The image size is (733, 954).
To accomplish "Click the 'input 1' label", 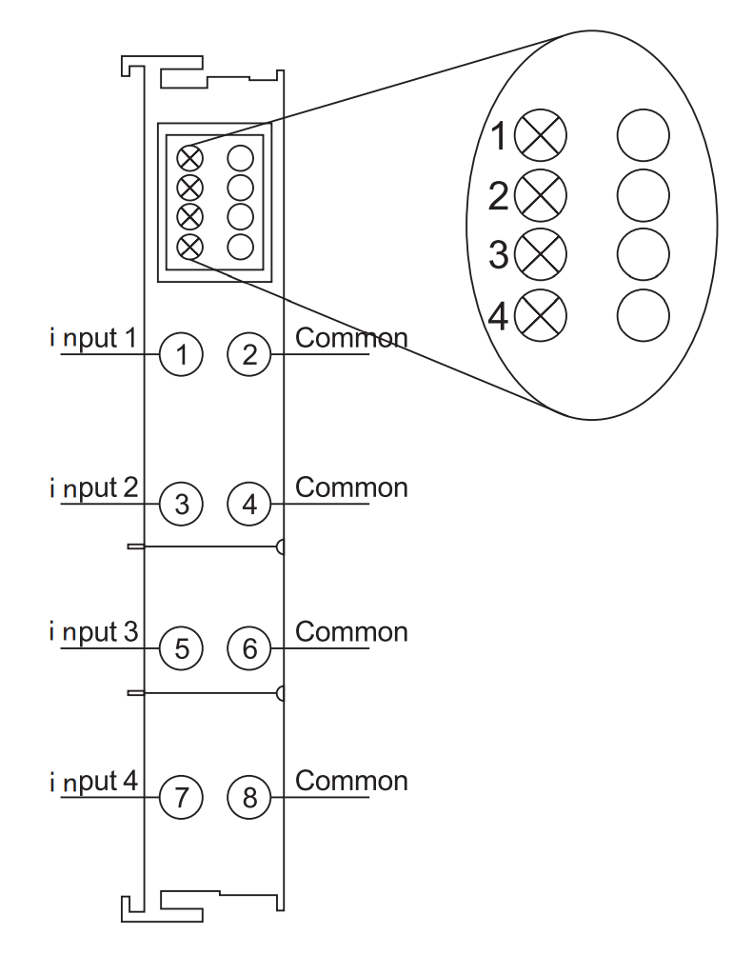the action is [x=93, y=338].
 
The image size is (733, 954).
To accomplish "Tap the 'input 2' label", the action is [x=93, y=488].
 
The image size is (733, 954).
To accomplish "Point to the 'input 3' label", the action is [x=93, y=632].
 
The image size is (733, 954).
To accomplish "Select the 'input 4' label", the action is [x=93, y=782].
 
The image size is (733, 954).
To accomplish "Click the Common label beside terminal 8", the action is [x=351, y=782].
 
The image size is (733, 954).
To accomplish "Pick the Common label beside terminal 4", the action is [x=351, y=488].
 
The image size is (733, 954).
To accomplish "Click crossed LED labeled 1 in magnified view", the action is [x=540, y=135].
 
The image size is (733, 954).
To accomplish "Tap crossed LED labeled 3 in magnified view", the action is [x=540, y=254].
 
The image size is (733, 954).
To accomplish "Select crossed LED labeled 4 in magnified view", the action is [x=540, y=315].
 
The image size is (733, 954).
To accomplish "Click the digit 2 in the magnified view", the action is [x=498, y=196].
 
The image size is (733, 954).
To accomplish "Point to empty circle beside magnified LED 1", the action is [x=643, y=135].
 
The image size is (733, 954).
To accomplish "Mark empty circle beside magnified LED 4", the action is [x=643, y=315].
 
